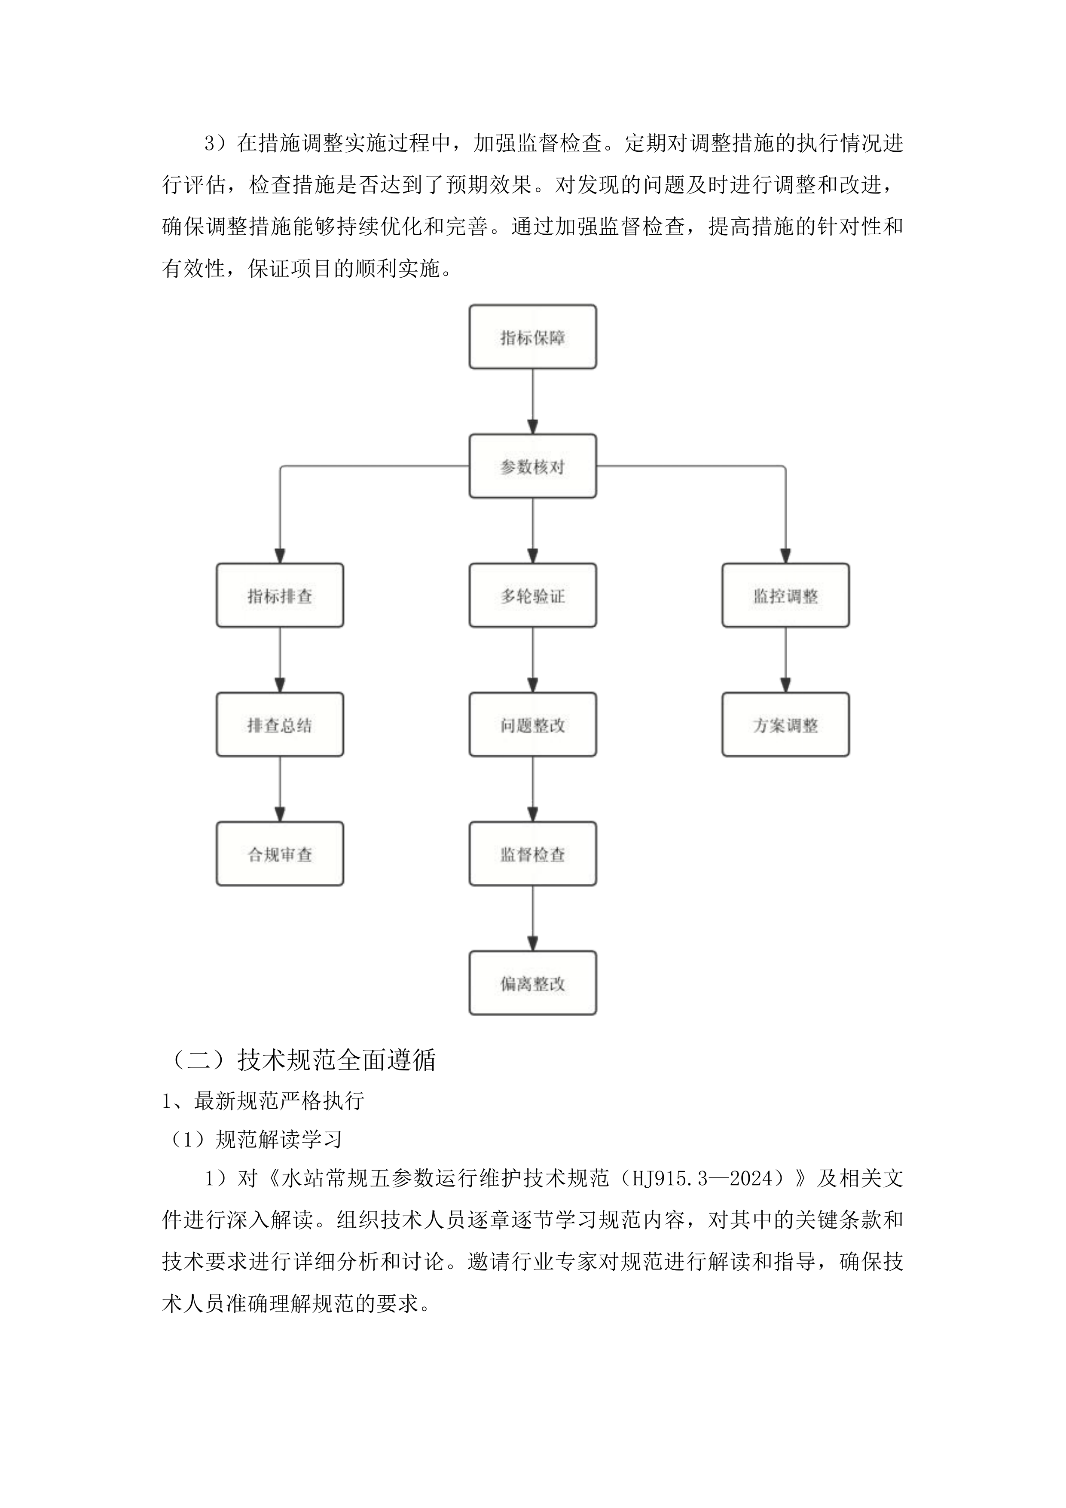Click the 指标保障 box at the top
click(x=532, y=337)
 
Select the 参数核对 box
click(x=532, y=466)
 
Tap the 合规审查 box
click(x=280, y=854)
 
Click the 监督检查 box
click(x=532, y=854)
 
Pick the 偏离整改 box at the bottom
click(x=532, y=983)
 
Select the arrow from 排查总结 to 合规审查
click(x=280, y=789)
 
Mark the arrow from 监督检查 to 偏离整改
click(x=532, y=918)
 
